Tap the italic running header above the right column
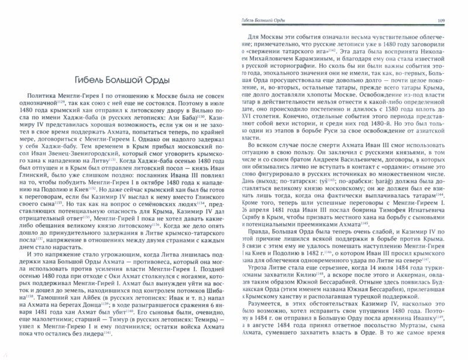pos(272,22)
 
